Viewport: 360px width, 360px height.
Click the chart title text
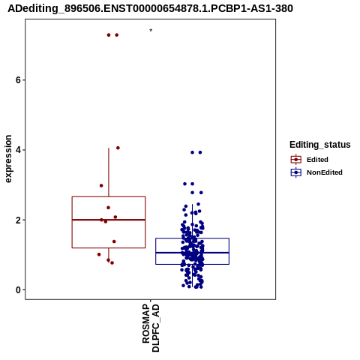click(x=150, y=8)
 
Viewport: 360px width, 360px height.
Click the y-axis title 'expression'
click(x=8, y=159)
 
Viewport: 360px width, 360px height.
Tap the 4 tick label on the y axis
click(x=18, y=150)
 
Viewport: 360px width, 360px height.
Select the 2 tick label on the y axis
click(x=18, y=220)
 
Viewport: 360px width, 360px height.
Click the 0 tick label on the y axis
click(x=18, y=290)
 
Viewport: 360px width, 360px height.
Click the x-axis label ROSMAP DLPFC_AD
click(x=151, y=328)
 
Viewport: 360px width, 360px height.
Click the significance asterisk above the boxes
click(x=151, y=31)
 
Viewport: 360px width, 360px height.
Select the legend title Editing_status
click(x=319, y=145)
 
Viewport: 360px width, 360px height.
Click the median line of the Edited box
click(x=109, y=220)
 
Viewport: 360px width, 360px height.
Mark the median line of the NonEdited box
click(x=192, y=253)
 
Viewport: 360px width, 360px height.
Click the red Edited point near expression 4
click(x=118, y=148)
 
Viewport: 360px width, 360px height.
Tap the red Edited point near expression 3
click(x=101, y=185)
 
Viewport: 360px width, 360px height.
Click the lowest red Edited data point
click(x=112, y=262)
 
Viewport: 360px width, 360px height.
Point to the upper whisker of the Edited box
click(x=109, y=172)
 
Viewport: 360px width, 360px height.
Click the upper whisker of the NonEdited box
click(x=192, y=221)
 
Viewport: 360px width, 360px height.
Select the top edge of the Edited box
click(x=109, y=196)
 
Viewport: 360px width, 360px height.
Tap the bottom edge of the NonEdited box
click(x=192, y=264)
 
